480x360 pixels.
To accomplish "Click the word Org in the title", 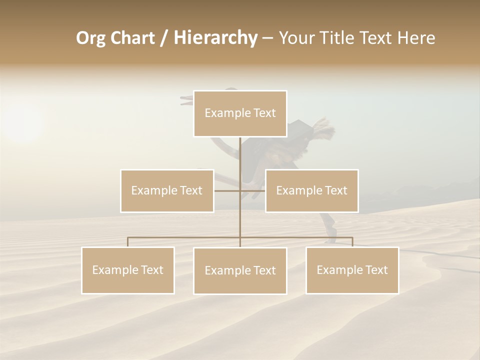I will [x=90, y=38].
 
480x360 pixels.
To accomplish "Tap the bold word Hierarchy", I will [x=215, y=38].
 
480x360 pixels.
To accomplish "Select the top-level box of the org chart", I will [x=240, y=113].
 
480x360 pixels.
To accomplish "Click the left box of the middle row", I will [x=167, y=190].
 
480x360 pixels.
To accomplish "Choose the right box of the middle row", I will [x=311, y=190].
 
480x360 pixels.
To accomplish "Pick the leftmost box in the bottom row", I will [x=128, y=270].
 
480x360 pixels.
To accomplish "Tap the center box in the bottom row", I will [x=240, y=270].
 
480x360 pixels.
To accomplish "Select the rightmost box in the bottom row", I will [x=352, y=270].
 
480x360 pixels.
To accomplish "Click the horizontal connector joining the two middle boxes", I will [x=252, y=190].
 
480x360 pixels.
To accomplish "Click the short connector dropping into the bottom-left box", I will [x=128, y=242].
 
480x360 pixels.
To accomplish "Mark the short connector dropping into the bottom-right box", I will [x=352, y=242].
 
